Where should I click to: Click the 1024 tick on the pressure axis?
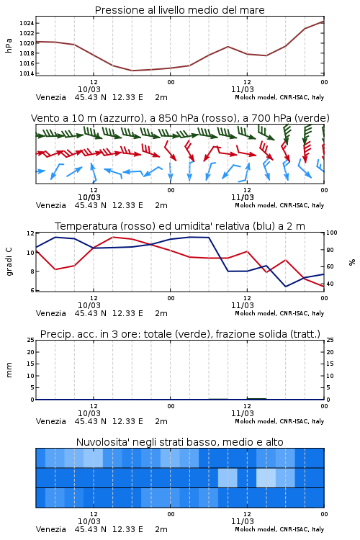[x=27, y=23]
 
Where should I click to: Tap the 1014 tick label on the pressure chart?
[x=27, y=73]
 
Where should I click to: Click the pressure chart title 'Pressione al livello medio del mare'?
[x=180, y=10]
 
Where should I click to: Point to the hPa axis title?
[x=9, y=45]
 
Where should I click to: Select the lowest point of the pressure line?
[x=132, y=71]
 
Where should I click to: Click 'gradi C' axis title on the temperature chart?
[x=9, y=261]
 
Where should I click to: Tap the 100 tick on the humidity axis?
[x=332, y=233]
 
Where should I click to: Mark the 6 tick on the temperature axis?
[x=32, y=290]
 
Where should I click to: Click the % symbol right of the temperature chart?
[x=352, y=262]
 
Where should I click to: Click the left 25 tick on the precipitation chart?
[x=31, y=340]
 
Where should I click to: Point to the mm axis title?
[x=9, y=370]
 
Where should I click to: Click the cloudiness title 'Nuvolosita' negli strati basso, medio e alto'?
[x=180, y=442]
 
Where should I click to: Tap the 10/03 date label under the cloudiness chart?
[x=89, y=521]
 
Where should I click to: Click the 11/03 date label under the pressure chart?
[x=243, y=89]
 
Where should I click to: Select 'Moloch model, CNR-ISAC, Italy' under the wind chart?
[x=279, y=205]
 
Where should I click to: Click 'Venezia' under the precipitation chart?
[x=51, y=421]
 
